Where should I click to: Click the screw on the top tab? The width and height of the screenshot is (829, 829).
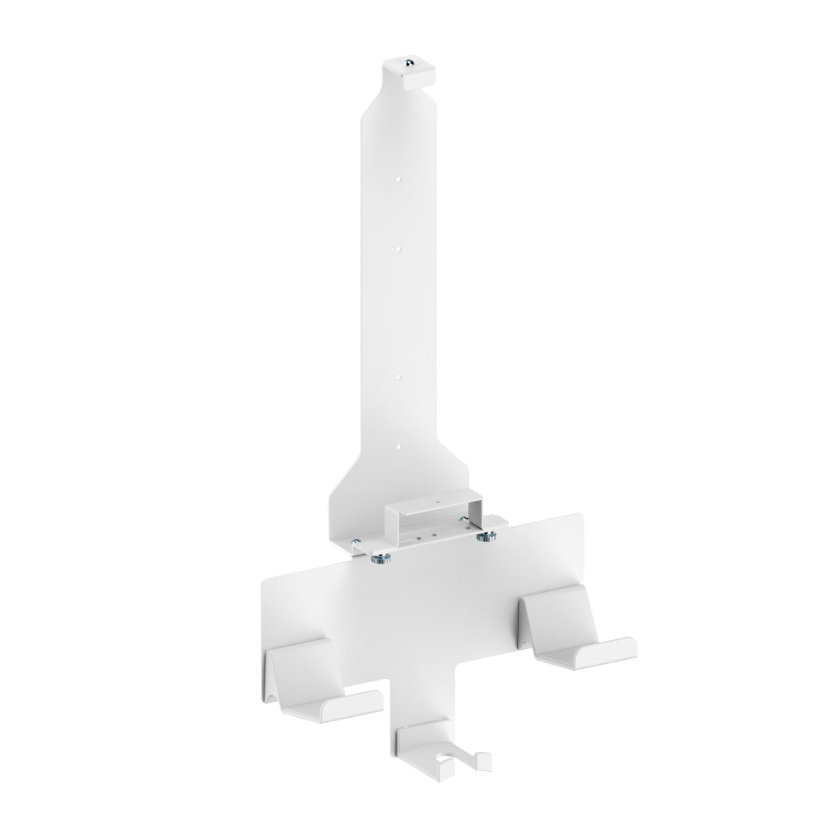[410, 65]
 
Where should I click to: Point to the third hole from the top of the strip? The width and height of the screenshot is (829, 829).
[399, 375]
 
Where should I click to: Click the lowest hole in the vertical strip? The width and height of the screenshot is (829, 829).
[399, 448]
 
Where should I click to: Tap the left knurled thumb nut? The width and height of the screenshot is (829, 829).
[381, 559]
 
